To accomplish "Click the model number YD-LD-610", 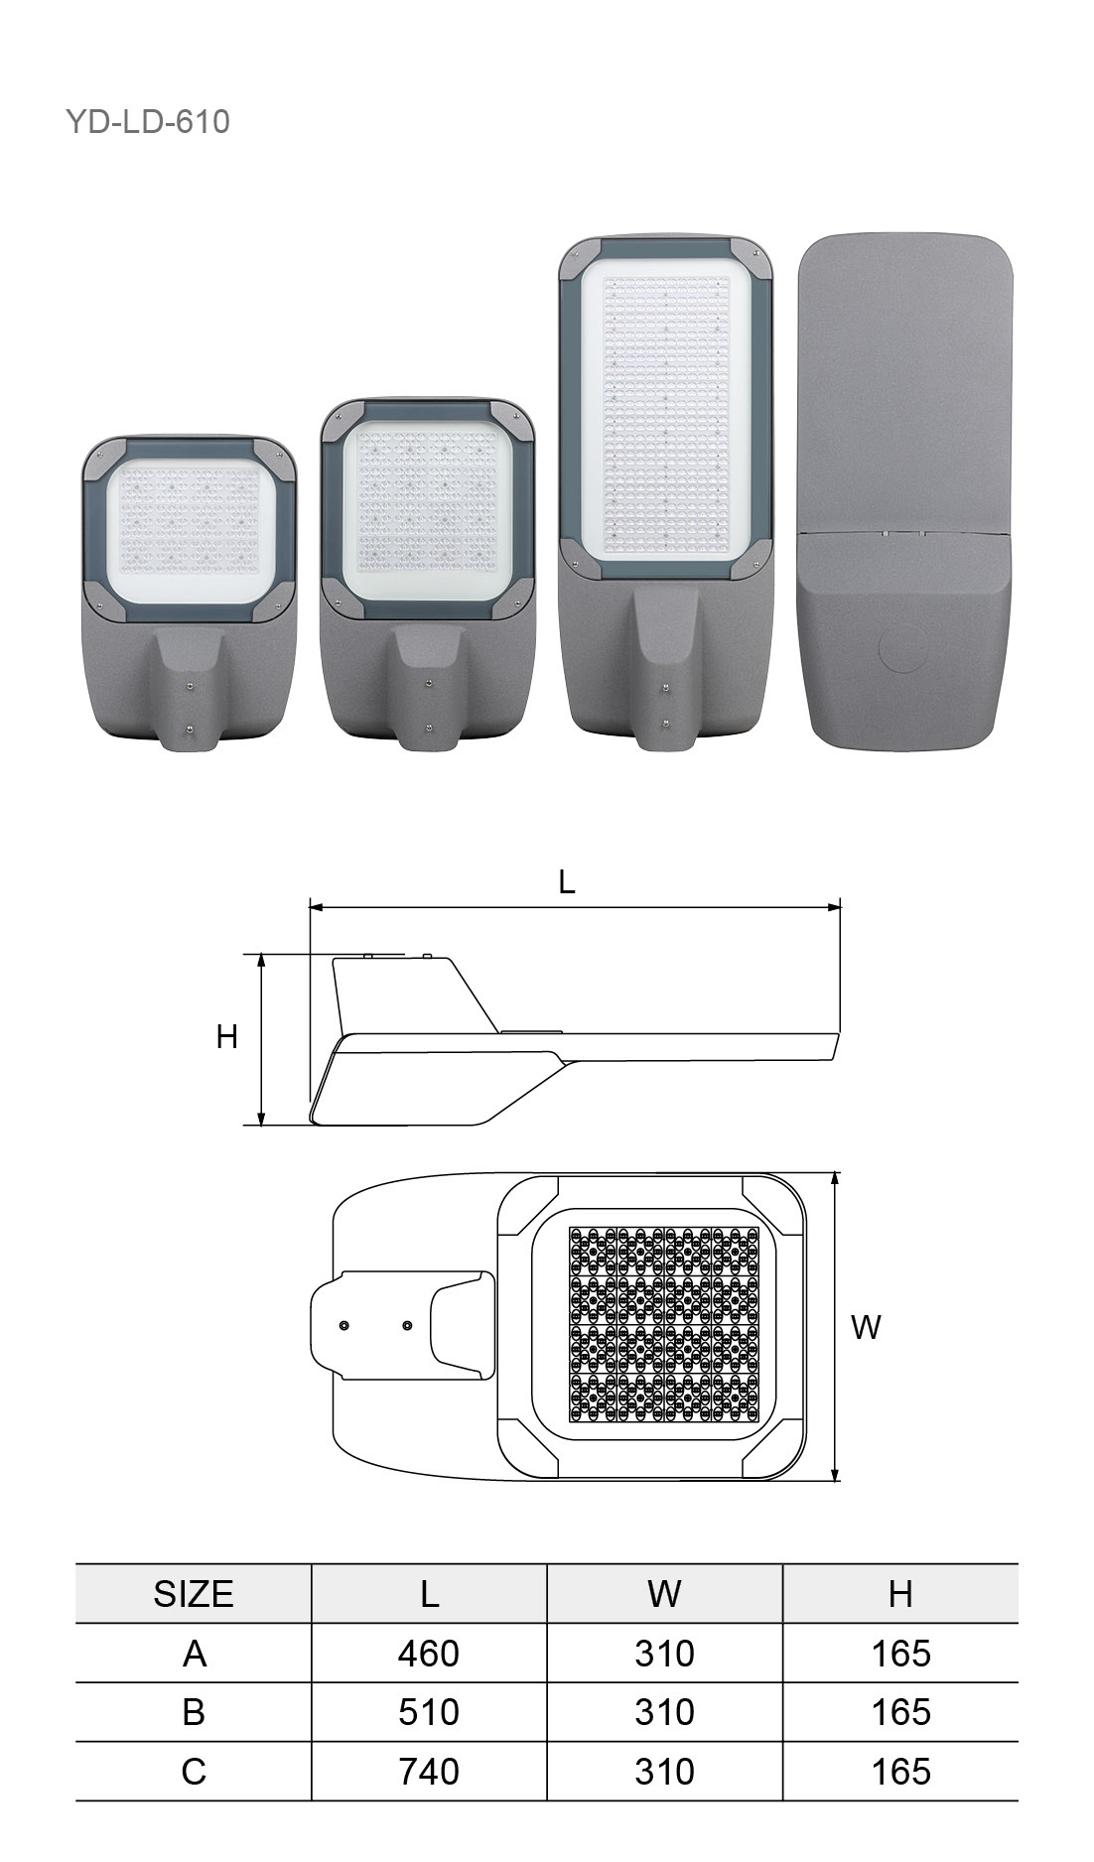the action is click(x=148, y=122).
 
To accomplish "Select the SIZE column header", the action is click(x=194, y=1593).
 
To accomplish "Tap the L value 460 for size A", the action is click(x=429, y=1653).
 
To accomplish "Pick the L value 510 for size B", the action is click(x=429, y=1711).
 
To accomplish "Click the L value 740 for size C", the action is click(x=429, y=1771).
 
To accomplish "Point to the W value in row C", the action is click(x=664, y=1771).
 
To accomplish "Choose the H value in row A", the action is click(x=900, y=1653).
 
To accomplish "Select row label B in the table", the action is click(x=194, y=1711).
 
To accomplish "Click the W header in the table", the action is click(x=664, y=1593).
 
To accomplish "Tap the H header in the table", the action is click(x=900, y=1593).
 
